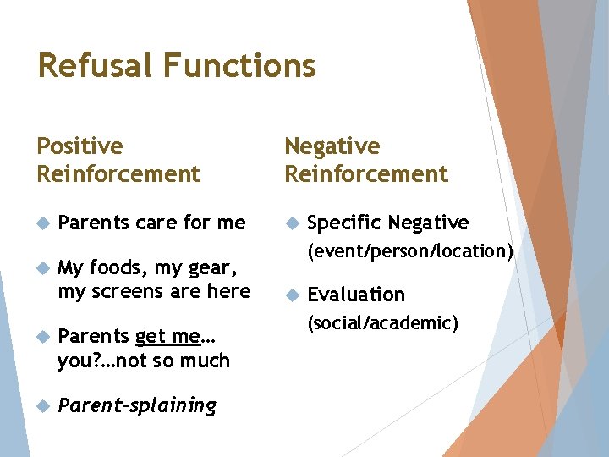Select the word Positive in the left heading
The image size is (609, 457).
point(80,146)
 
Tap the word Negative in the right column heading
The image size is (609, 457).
point(332,146)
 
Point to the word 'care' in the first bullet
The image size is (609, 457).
point(156,223)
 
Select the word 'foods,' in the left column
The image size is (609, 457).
point(119,268)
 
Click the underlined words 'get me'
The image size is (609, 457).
point(168,337)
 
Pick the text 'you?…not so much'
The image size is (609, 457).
point(143,361)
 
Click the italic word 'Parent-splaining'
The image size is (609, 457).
point(137,405)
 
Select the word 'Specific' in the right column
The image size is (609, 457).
point(343,223)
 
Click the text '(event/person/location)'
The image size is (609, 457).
point(410,251)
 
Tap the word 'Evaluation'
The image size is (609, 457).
point(356,295)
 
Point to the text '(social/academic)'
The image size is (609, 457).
point(382,322)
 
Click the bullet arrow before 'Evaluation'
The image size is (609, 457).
point(291,295)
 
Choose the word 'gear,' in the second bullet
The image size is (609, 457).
point(206,268)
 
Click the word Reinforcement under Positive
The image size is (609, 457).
point(118,174)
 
